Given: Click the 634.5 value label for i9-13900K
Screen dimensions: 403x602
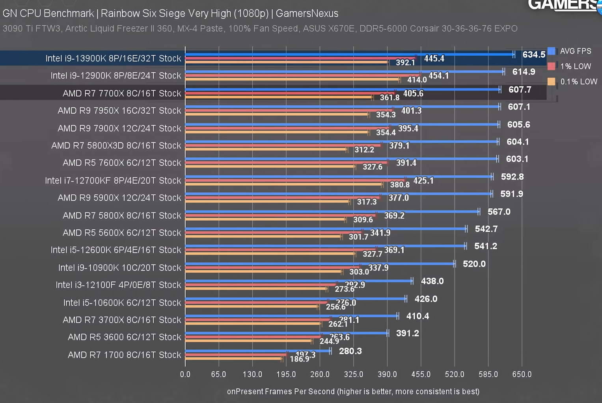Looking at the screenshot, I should (x=533, y=54).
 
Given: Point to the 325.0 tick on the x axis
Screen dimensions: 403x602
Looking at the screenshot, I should (x=353, y=374).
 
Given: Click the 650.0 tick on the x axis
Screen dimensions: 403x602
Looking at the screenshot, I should (x=522, y=374).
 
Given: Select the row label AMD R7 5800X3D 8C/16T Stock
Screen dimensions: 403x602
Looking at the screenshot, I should (x=116, y=146).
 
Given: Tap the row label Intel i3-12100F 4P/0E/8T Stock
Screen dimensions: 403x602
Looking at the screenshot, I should (x=118, y=285).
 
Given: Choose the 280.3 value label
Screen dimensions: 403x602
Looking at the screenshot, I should (x=350, y=351).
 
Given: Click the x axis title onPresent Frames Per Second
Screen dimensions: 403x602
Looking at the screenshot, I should (x=353, y=392).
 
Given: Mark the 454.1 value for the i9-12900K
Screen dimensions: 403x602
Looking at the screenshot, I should (x=438, y=76).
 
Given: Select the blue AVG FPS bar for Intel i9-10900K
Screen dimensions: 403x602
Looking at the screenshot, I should (x=319, y=264).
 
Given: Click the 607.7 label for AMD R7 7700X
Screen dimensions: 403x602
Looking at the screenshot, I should (x=520, y=90).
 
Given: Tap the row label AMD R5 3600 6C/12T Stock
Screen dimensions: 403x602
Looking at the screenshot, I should (x=124, y=337).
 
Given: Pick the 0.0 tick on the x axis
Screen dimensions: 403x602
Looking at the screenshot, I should (x=185, y=374).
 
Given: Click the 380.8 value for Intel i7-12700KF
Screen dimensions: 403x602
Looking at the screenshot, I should (x=399, y=184).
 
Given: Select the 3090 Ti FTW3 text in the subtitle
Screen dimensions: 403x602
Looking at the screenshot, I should (x=31, y=28).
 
